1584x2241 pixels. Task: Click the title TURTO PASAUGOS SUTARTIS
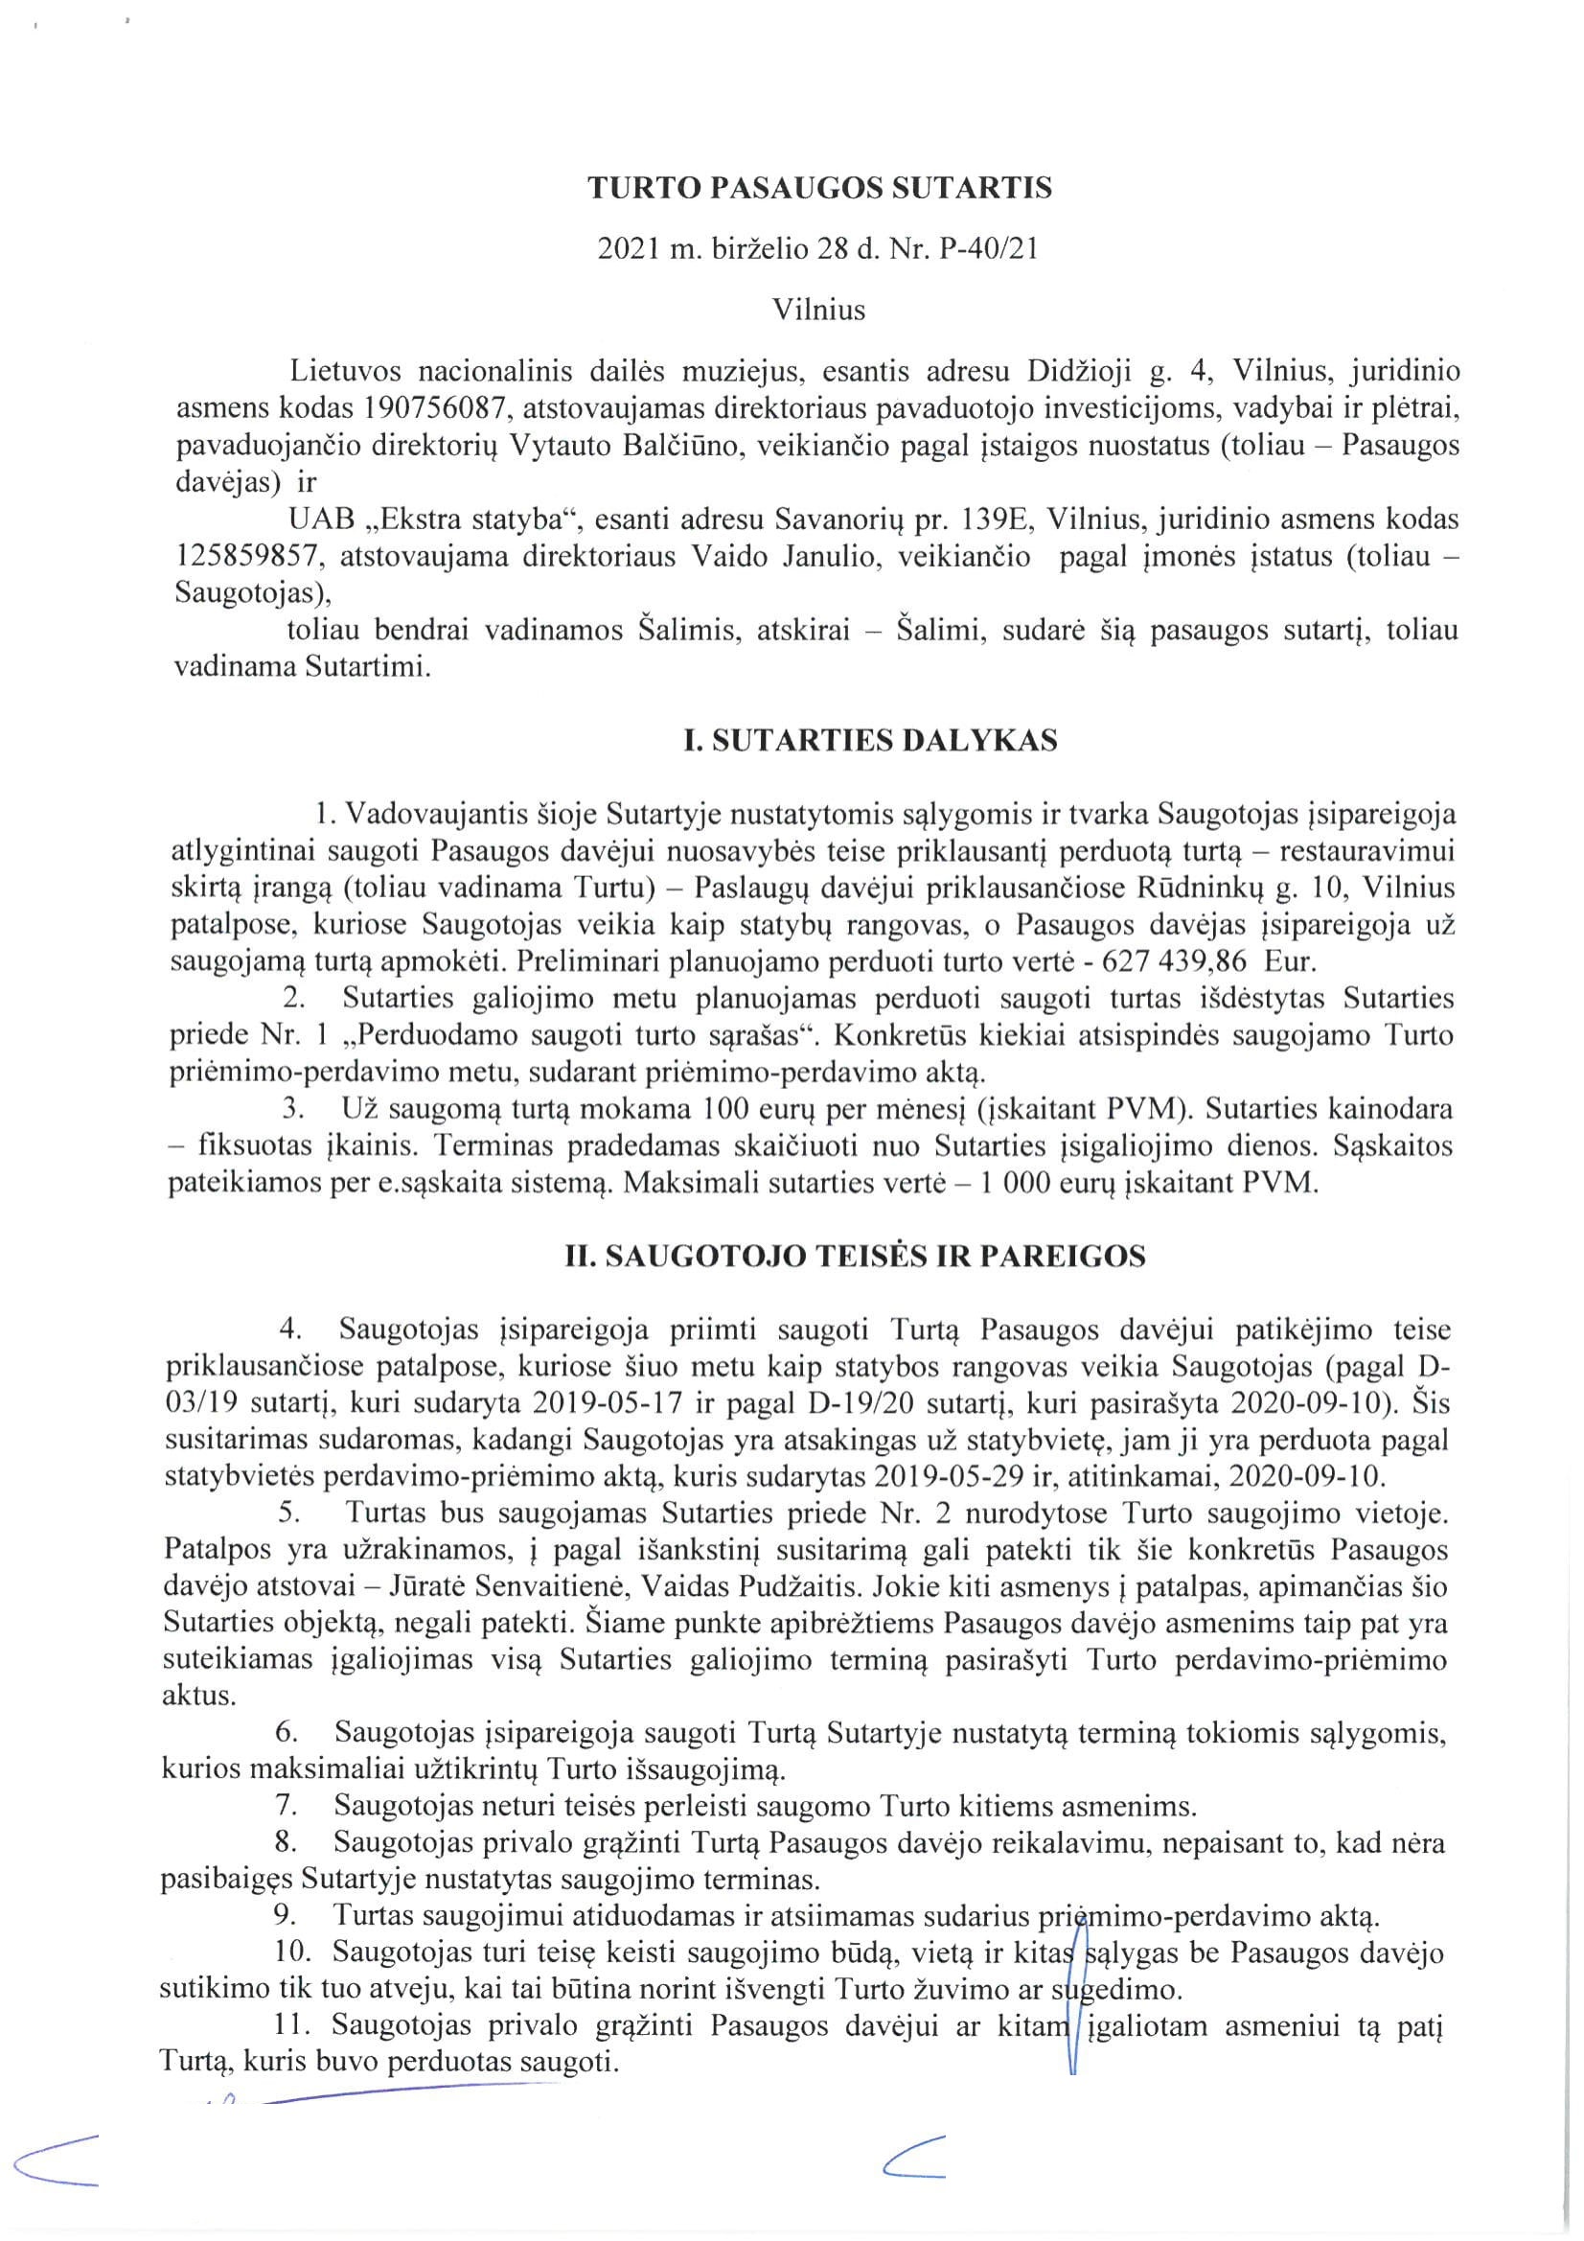point(819,189)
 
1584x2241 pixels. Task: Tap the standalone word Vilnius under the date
point(819,311)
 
